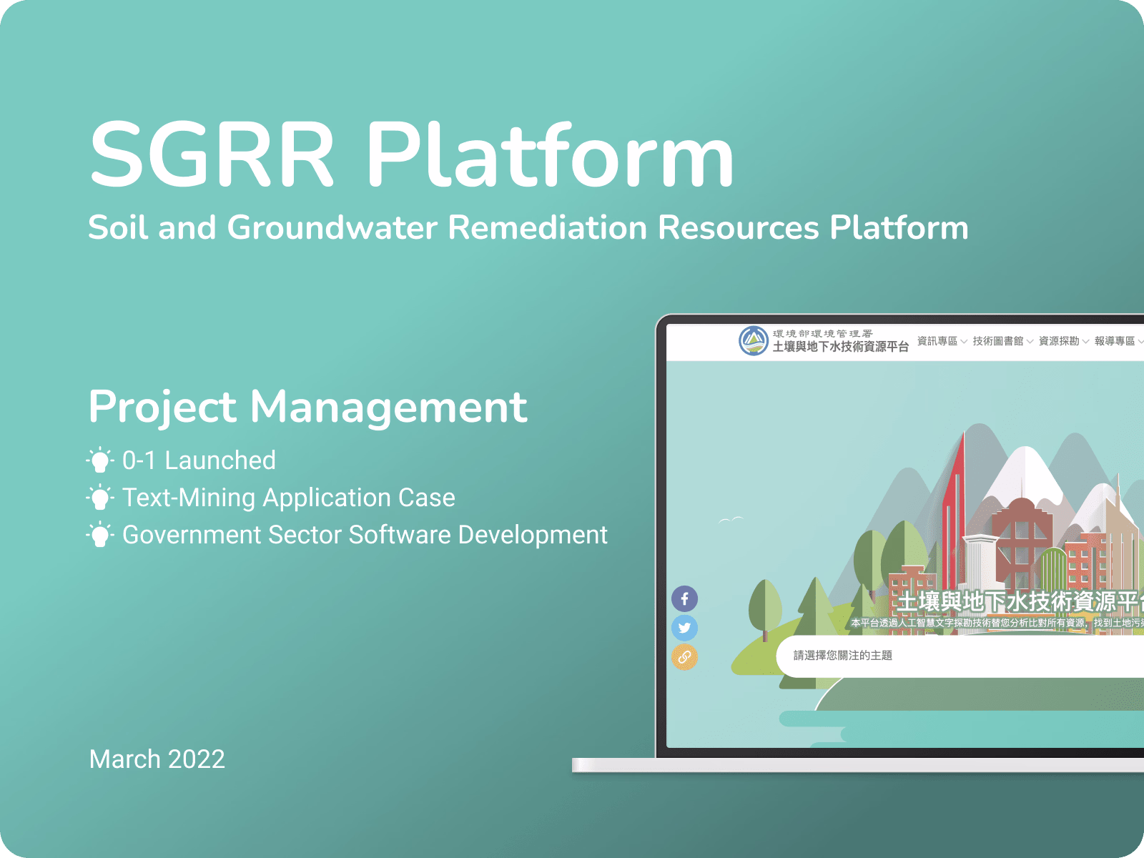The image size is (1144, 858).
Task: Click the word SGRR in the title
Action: [x=212, y=155]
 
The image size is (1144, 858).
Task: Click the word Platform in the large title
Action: [x=551, y=155]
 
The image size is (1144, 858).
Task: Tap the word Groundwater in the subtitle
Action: [x=332, y=228]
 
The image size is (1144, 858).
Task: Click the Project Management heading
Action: [x=307, y=407]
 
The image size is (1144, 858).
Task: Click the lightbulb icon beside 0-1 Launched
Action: [x=100, y=460]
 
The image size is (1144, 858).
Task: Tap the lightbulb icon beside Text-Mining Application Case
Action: [x=100, y=498]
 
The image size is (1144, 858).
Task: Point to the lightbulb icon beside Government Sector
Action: [x=100, y=535]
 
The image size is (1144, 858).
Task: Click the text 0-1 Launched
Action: [x=199, y=460]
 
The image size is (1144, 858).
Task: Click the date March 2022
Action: [x=157, y=759]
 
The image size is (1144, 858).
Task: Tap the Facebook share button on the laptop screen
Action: [x=684, y=599]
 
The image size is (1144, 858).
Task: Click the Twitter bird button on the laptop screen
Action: [x=684, y=628]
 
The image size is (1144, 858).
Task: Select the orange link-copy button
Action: [x=684, y=657]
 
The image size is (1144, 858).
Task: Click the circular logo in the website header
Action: [x=753, y=340]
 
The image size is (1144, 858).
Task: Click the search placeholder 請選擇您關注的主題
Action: [x=843, y=656]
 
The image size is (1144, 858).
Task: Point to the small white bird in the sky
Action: [x=731, y=520]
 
